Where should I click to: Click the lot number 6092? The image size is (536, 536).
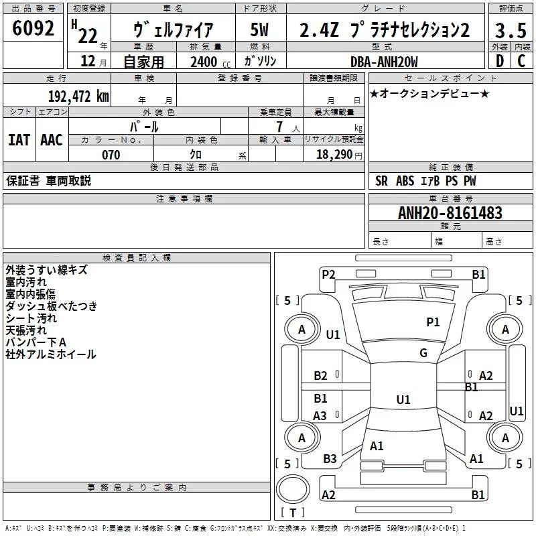[x=33, y=28]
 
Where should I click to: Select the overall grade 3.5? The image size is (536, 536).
[x=510, y=30]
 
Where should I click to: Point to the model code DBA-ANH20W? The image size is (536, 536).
[x=384, y=62]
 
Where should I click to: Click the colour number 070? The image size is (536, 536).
[x=111, y=155]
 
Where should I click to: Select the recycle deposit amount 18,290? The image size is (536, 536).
[x=337, y=155]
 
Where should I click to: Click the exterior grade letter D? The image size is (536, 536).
[x=499, y=61]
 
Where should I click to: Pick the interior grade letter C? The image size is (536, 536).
[x=521, y=61]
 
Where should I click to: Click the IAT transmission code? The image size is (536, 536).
[x=19, y=140]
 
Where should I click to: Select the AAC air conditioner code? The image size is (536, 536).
[x=52, y=140]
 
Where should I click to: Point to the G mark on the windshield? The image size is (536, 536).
[x=423, y=353]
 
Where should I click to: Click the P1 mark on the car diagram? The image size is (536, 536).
[x=433, y=322]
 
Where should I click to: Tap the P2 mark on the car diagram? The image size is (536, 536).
[x=328, y=274]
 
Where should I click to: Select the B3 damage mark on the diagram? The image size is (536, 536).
[x=330, y=459]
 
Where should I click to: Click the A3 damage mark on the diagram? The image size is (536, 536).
[x=320, y=416]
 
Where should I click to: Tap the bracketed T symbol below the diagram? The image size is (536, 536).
[x=293, y=513]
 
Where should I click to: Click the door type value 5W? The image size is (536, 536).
[x=260, y=30]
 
